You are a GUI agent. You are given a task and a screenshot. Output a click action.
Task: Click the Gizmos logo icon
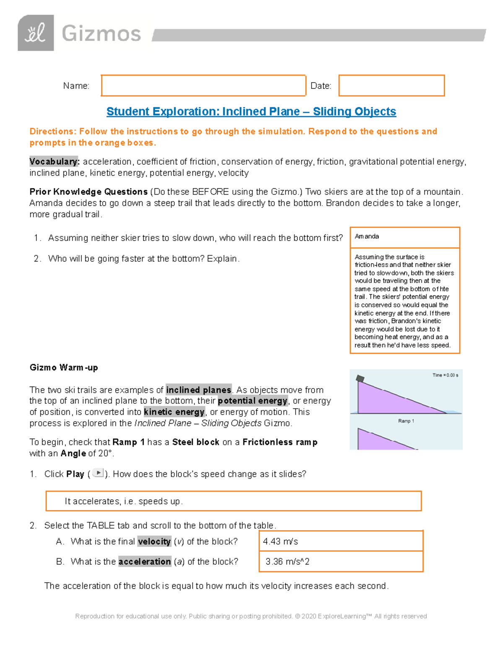(x=36, y=33)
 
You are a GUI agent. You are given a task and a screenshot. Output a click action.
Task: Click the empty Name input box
(x=203, y=86)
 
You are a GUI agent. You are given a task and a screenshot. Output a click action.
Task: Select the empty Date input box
(x=391, y=86)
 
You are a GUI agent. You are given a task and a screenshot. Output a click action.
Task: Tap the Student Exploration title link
(x=251, y=112)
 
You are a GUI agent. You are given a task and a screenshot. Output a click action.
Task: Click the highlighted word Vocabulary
(x=54, y=162)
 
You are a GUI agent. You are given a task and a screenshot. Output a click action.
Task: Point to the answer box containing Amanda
(x=404, y=237)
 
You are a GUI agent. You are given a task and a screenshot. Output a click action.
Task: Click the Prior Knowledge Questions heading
(x=88, y=192)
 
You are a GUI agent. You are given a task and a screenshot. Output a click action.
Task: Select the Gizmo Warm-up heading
(x=64, y=368)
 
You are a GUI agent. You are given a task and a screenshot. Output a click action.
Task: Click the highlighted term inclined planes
(x=199, y=390)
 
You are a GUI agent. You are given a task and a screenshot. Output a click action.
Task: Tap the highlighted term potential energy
(x=252, y=401)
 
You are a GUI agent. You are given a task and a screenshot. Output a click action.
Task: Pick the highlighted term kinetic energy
(x=174, y=412)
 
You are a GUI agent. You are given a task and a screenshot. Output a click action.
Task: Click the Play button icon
(x=98, y=473)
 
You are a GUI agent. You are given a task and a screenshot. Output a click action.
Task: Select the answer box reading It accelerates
(x=233, y=501)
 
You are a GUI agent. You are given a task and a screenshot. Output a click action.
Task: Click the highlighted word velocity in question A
(x=154, y=542)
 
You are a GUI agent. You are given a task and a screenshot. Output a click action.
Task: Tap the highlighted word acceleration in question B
(x=145, y=562)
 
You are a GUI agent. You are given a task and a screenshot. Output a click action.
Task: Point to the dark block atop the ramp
(x=360, y=379)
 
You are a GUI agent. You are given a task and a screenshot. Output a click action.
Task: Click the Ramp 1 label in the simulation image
(x=406, y=421)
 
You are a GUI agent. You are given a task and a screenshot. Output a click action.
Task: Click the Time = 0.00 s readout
(x=445, y=375)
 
